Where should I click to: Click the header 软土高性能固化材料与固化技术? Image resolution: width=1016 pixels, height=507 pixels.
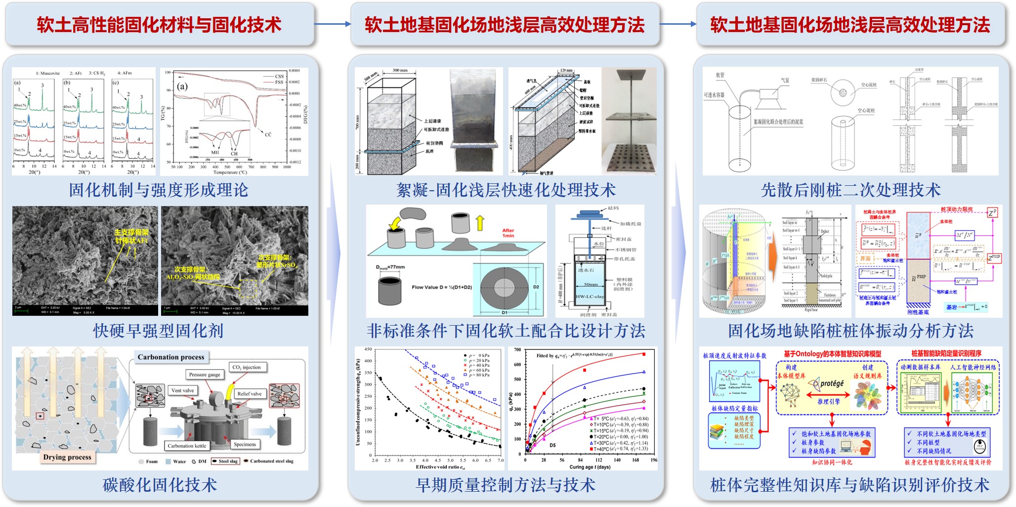[159, 25]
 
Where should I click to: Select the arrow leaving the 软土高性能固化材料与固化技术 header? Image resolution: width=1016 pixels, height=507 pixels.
[332, 24]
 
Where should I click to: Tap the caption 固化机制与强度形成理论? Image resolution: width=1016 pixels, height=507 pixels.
[159, 190]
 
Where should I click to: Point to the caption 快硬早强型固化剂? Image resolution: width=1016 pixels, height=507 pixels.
[159, 331]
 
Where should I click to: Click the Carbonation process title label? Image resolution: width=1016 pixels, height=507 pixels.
[171, 357]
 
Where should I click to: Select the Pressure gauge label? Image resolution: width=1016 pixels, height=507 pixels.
[205, 375]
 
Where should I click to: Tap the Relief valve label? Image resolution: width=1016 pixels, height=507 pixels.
[249, 394]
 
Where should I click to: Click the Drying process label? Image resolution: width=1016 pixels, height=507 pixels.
[67, 457]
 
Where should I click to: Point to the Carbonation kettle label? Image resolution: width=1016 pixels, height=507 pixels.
[187, 446]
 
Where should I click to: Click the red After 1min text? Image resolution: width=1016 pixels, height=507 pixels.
[508, 233]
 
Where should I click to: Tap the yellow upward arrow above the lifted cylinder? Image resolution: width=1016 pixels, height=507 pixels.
[480, 223]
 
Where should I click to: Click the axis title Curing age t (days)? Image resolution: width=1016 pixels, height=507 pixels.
[590, 467]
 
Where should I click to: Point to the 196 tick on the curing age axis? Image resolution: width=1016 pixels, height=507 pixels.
[654, 460]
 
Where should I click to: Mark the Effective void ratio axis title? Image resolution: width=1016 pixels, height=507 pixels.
[440, 467]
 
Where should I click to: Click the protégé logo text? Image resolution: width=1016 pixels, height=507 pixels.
[832, 383]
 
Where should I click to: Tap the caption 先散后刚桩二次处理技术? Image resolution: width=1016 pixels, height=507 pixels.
[850, 190]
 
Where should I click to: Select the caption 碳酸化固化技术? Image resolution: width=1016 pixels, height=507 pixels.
[160, 485]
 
